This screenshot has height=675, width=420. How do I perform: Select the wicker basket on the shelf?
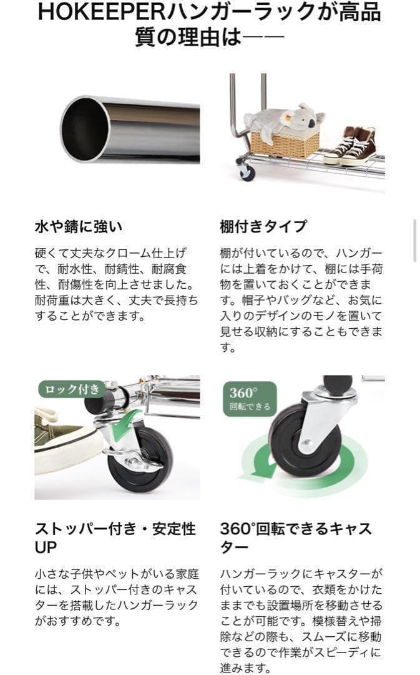pyautogui.click(x=285, y=143)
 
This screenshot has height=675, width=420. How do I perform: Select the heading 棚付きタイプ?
pyautogui.click(x=263, y=226)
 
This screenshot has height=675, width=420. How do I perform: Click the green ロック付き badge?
pyautogui.click(x=71, y=389)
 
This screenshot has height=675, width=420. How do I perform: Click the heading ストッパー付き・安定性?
pyautogui.click(x=115, y=529)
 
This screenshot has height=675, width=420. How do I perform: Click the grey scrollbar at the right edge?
pyautogui.click(x=415, y=240)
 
